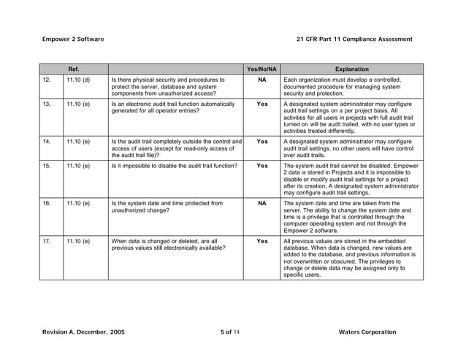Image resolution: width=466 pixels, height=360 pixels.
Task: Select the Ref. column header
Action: [74, 69]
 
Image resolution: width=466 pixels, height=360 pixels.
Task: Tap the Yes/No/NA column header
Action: [261, 69]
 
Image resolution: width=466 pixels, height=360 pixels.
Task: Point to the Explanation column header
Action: [351, 69]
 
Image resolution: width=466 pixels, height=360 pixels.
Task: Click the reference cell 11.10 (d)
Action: [77, 79]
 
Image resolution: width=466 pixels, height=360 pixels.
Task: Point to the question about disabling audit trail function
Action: [174, 166]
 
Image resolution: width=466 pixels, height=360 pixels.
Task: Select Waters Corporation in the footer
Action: [368, 332]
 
